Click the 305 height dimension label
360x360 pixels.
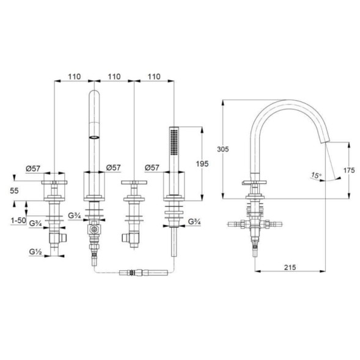(x=223, y=150)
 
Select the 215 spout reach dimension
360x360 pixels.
(x=290, y=268)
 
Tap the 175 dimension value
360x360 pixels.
(x=349, y=171)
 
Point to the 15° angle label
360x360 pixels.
(x=316, y=175)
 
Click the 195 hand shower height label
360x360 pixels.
(x=202, y=164)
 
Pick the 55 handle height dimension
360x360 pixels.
(x=14, y=191)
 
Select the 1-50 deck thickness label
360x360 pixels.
(x=18, y=221)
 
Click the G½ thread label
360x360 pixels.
(x=35, y=252)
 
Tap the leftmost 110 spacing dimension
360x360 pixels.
(x=75, y=76)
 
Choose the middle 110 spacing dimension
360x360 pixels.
(x=114, y=76)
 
